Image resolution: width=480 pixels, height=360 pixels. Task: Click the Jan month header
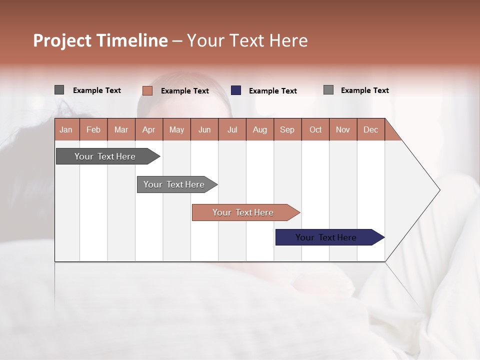pos(66,129)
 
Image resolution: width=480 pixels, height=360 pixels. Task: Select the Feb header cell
pos(93,129)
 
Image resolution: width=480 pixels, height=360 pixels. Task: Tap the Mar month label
pos(121,129)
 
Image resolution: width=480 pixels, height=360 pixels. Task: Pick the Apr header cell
pos(149,129)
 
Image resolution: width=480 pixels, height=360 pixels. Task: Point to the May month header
pos(176,129)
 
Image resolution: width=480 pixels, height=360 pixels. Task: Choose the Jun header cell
pos(204,129)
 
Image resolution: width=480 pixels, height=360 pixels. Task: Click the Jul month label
pos(232,129)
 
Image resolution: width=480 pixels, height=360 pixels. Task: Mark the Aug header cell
pos(260,129)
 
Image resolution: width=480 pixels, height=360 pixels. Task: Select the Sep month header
pos(287,129)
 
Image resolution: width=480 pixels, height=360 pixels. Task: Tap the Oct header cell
pos(315,129)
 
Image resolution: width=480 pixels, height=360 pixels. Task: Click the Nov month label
pos(343,129)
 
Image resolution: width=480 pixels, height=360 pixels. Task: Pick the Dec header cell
pos(371,129)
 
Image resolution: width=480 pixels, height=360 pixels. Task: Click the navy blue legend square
pos(236,90)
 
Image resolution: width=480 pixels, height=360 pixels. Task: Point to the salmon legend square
pos(147,90)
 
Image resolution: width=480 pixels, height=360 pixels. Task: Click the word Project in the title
pos(61,40)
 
